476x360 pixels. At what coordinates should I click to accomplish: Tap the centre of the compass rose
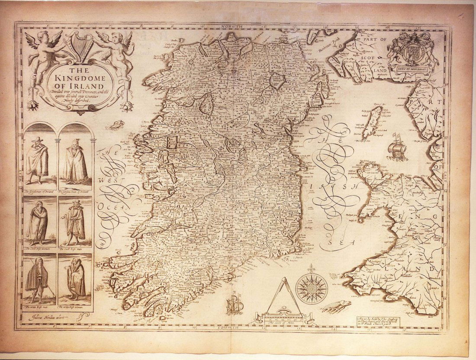coord(311,286)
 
